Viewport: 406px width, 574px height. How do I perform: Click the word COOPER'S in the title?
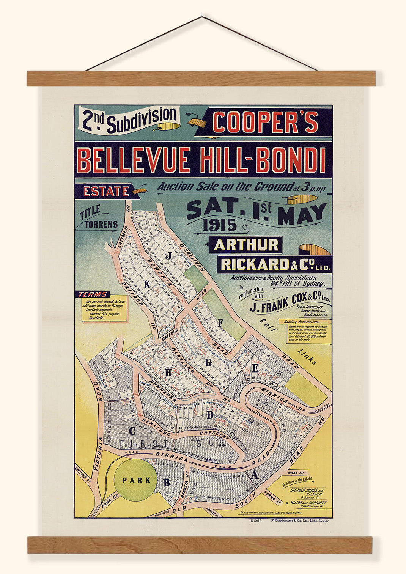pos(266,122)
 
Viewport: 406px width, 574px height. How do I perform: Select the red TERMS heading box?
pos(93,294)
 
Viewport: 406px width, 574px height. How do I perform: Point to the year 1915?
pos(220,225)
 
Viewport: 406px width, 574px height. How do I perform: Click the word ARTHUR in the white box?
pos(246,245)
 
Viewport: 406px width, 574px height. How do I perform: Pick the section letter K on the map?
pos(147,285)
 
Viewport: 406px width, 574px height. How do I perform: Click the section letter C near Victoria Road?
pos(132,431)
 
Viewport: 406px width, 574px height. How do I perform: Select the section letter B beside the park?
pos(166,483)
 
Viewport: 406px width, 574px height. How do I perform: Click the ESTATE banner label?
pos(106,191)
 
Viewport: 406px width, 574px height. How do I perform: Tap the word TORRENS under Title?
pos(101,225)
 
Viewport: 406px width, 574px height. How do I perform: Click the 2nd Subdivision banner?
pos(128,120)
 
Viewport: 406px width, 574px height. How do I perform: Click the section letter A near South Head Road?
pos(255,475)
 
